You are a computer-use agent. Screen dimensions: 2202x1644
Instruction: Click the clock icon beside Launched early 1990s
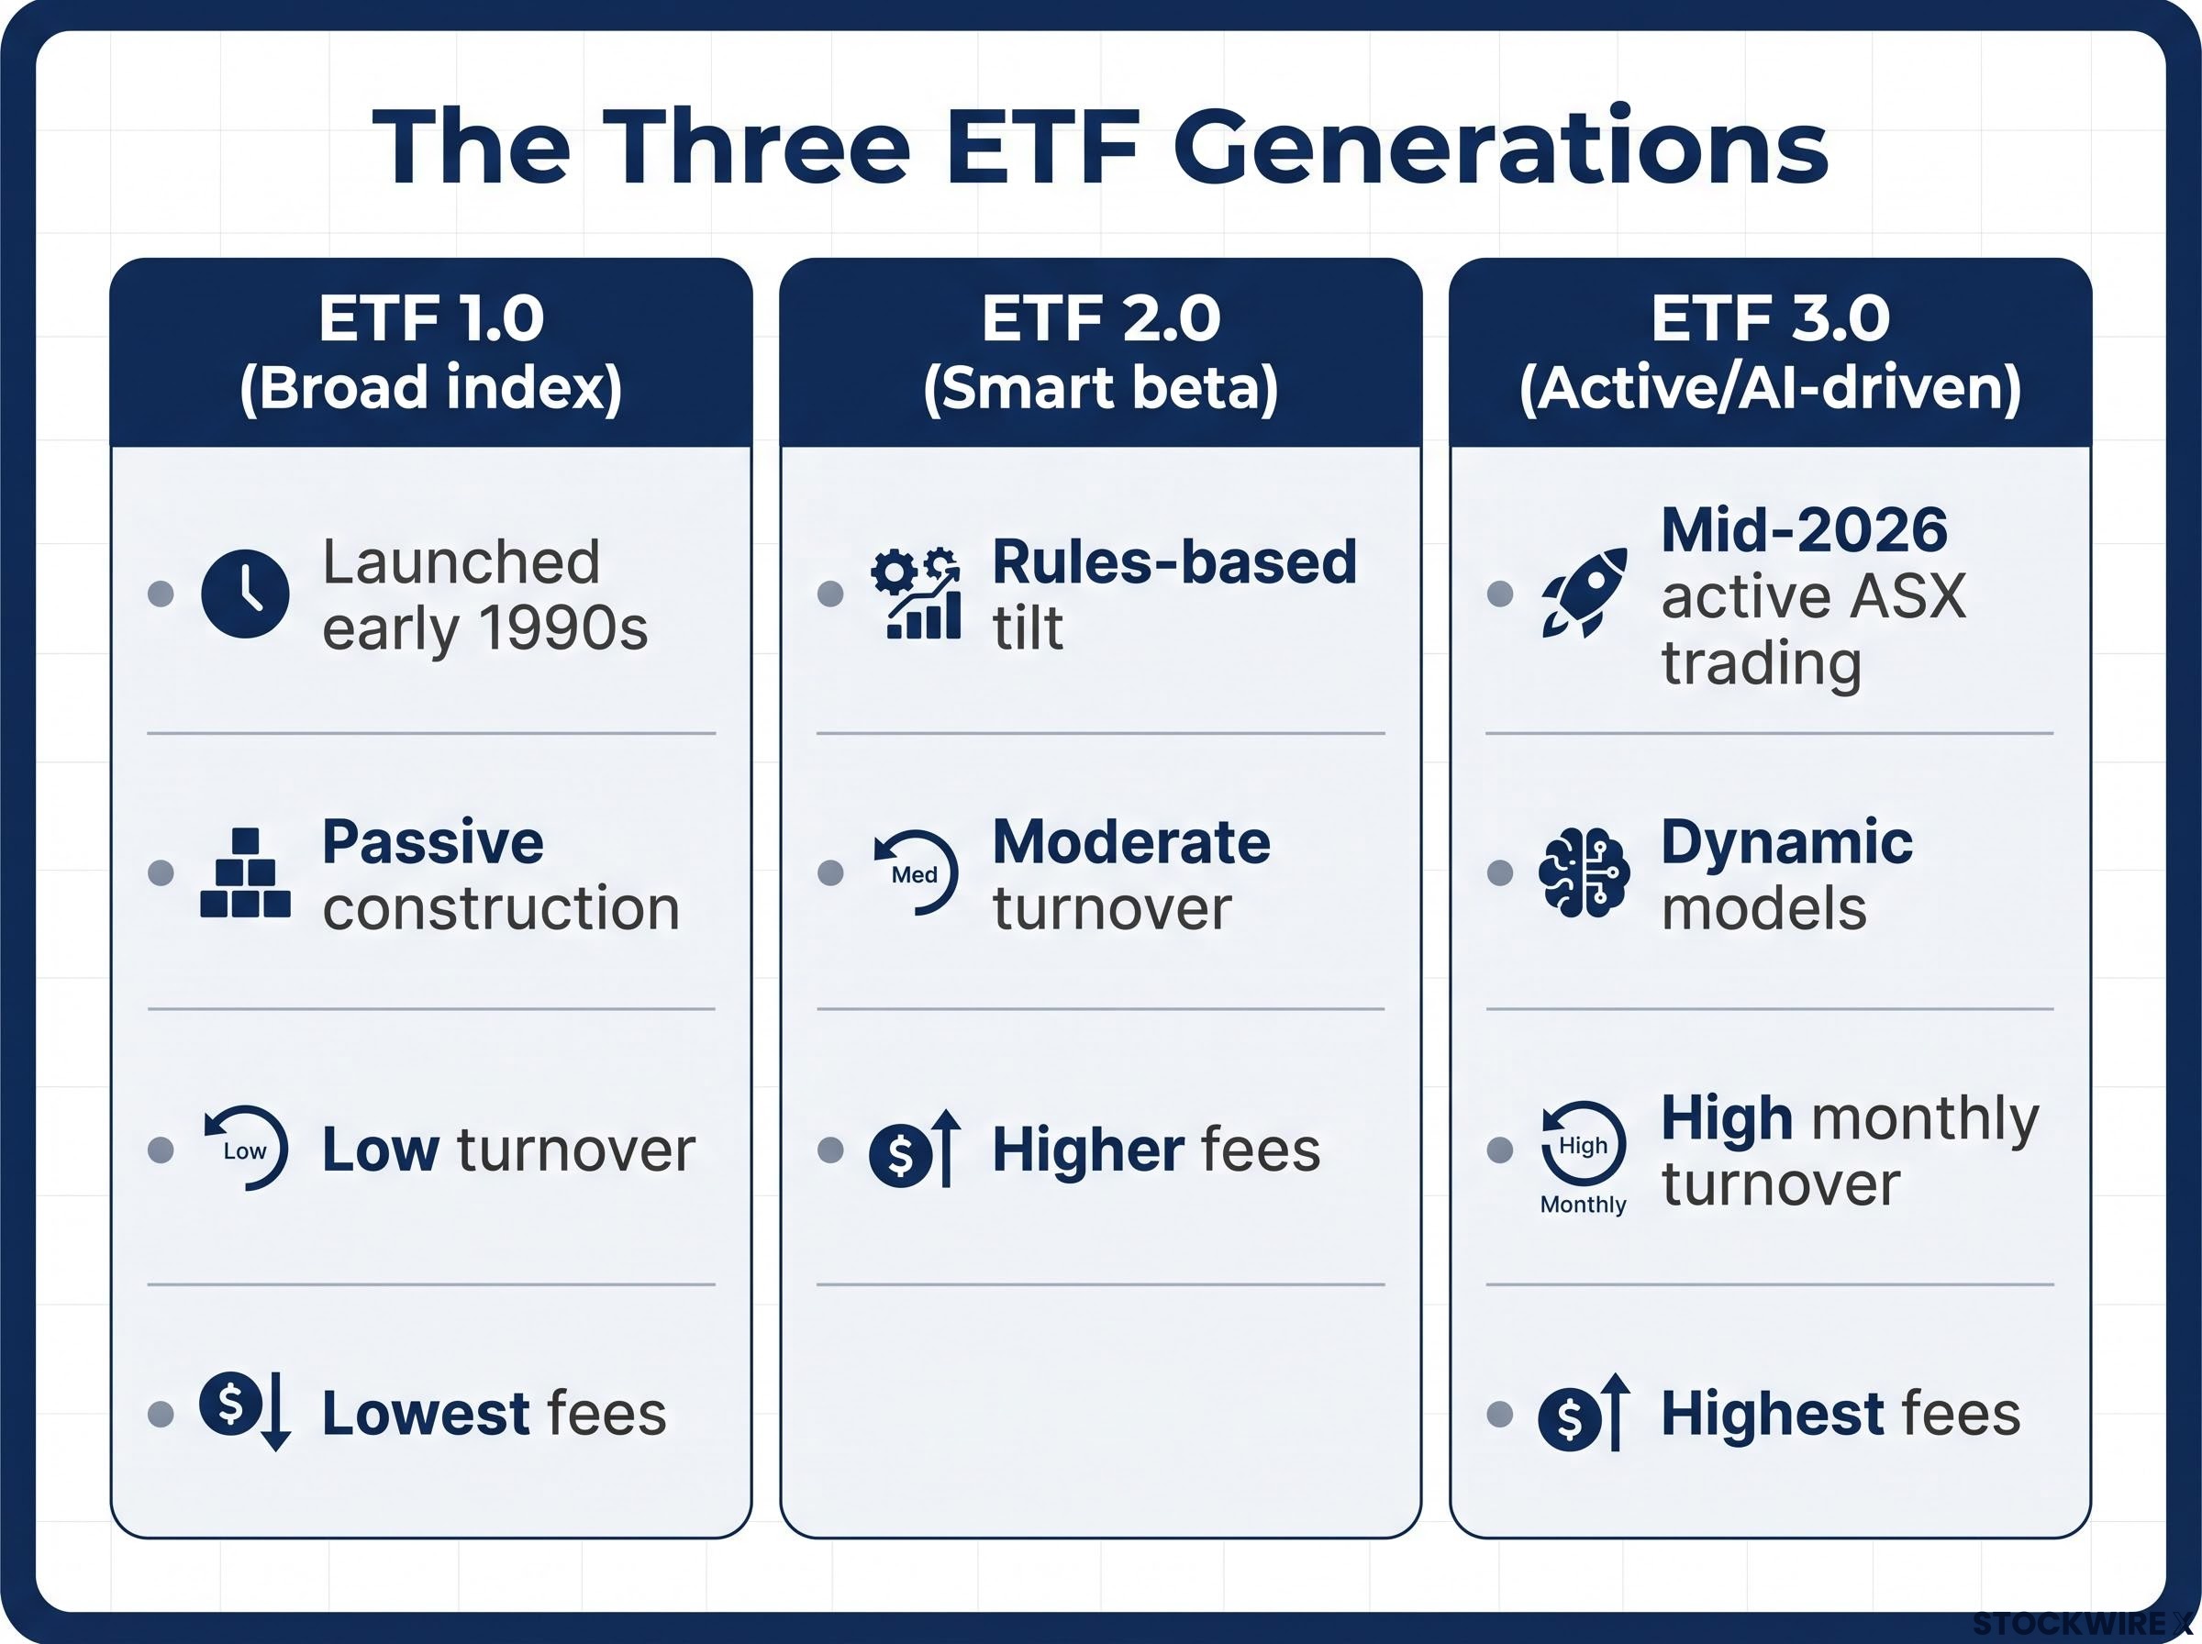[x=245, y=594]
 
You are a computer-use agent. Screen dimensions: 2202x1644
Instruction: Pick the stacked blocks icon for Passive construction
[x=245, y=872]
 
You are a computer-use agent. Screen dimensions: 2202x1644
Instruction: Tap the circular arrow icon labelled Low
[x=246, y=1149]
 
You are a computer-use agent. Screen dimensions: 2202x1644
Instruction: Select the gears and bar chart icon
[x=916, y=594]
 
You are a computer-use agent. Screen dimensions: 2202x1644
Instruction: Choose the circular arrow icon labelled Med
[x=916, y=872]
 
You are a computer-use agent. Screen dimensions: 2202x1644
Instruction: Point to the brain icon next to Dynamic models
[x=1585, y=872]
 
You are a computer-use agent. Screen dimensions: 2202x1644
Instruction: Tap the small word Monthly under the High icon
[x=1583, y=1205]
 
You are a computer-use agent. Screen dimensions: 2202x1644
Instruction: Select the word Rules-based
[x=1175, y=561]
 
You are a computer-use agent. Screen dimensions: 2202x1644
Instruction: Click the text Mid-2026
[x=1804, y=529]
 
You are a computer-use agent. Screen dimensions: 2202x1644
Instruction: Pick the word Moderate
[x=1131, y=842]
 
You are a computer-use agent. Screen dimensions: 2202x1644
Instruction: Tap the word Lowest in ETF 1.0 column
[x=425, y=1413]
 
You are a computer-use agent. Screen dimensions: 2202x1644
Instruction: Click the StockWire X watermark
[x=2083, y=1624]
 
